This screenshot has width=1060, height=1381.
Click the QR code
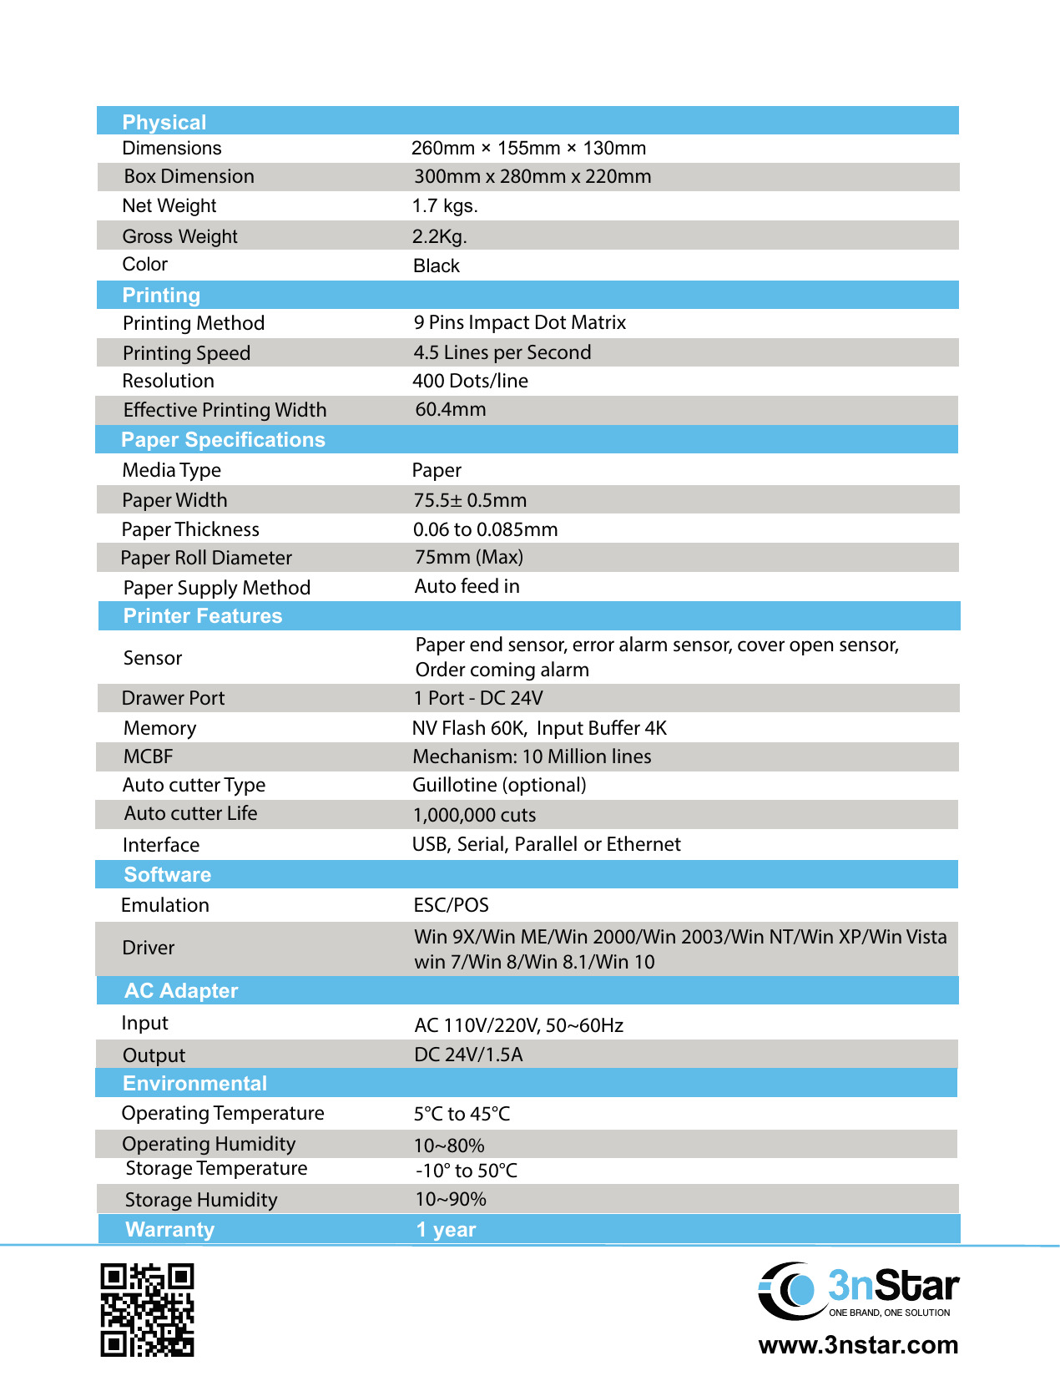147,1309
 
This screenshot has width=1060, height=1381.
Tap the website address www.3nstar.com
858,1345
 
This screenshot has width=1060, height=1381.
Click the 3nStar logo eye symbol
790,1290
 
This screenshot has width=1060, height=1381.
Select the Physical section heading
164,122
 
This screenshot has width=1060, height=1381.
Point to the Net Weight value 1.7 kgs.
445,206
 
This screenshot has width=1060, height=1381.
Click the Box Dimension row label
189,177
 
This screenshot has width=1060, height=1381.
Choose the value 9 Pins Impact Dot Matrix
519,323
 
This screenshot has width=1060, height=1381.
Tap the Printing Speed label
186,353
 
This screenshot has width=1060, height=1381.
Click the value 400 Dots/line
470,382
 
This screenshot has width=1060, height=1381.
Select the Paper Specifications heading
223,440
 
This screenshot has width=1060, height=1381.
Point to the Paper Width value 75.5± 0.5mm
470,501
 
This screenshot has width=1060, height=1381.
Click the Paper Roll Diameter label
206,558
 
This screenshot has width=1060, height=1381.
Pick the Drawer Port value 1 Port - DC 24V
478,699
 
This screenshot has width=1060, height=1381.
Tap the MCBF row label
148,757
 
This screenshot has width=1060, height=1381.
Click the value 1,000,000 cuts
474,816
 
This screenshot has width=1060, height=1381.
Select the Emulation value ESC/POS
451,906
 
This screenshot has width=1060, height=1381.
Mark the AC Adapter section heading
181,991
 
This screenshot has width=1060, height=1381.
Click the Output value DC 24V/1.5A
468,1055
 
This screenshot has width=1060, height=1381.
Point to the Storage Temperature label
216,1169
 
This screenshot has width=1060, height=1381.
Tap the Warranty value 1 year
446,1230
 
